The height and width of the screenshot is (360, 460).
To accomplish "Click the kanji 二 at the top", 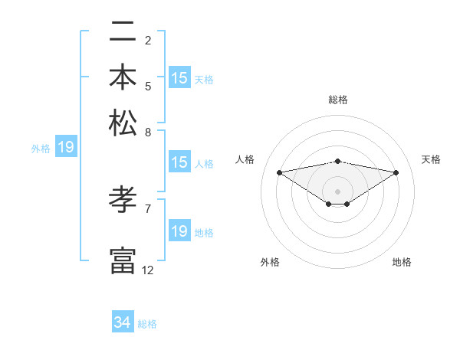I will coord(123,33).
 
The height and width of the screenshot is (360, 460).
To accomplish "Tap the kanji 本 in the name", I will coord(123,77).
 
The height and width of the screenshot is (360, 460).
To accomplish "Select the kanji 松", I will coord(123,122).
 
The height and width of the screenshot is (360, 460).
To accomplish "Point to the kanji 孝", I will coord(123,201).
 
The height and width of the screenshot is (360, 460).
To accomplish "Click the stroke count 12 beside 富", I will coord(148,270).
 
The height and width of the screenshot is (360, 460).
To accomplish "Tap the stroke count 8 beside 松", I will coord(148,132).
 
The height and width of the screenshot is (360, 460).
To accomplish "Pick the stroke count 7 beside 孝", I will coord(148,208).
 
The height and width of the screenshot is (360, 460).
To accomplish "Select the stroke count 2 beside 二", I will coord(148,40).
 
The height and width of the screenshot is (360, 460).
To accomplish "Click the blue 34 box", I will coord(123,323).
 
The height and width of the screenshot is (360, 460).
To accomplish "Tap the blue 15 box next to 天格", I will coord(179,78).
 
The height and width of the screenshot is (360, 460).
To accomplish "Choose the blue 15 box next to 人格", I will coord(179,162).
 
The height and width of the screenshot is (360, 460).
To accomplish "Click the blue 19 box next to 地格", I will coord(179,231).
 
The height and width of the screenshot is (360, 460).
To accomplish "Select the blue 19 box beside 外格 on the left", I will coord(66,148).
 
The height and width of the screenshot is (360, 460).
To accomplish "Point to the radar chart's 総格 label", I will coord(338,100).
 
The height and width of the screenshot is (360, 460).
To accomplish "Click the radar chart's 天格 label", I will coord(431,159).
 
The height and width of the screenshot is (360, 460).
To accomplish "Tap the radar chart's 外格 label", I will coord(270,263).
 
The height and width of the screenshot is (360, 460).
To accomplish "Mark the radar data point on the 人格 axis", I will coord(279,172).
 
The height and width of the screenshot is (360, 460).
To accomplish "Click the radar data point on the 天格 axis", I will coord(396,172).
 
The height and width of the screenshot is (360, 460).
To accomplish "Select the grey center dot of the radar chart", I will coord(338,191).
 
